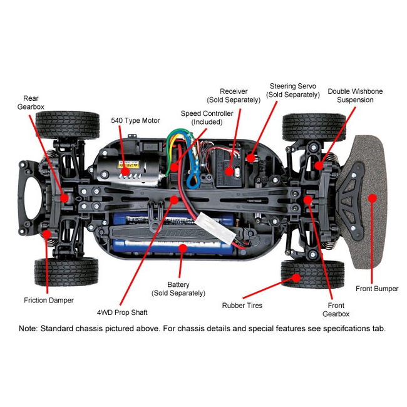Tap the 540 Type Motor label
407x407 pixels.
(135, 120)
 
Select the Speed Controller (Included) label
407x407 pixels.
(207, 117)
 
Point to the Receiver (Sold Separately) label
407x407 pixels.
(234, 96)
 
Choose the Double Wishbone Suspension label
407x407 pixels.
(355, 95)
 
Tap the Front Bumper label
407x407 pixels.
(377, 289)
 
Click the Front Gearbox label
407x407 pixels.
(336, 309)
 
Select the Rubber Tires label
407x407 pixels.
(242, 306)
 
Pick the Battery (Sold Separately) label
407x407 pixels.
(178, 289)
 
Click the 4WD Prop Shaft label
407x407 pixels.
(122, 312)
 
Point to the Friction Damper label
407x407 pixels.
(49, 301)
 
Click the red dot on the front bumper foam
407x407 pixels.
(373, 198)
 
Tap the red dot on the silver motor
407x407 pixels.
(125, 170)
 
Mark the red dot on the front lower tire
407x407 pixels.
(297, 276)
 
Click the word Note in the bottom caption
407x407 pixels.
(28, 328)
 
